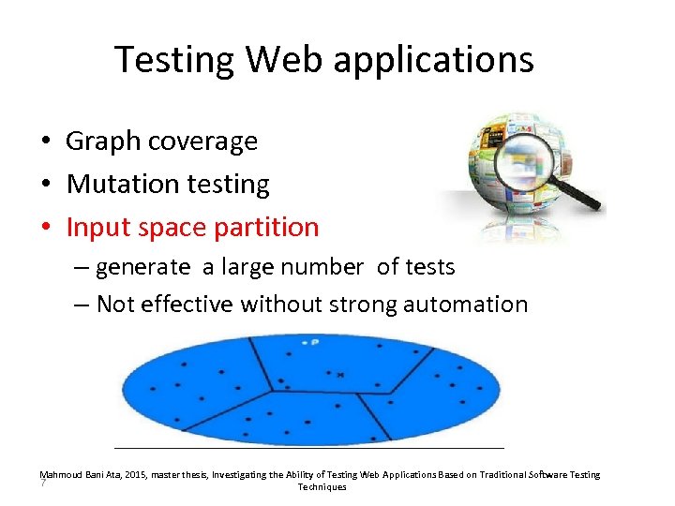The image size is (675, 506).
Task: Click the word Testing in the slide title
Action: coord(174,60)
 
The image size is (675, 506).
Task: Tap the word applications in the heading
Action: coord(434,60)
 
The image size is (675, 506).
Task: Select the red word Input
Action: coord(95,228)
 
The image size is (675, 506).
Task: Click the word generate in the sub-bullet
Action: coord(142,267)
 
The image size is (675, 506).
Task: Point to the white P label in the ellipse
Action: coord(314,343)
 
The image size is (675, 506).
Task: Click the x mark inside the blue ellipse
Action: coord(340,376)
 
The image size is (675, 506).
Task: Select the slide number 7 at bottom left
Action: coord(43,484)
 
